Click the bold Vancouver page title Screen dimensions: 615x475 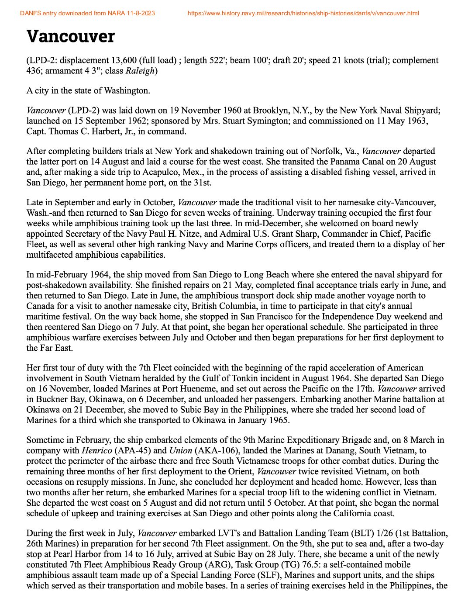pyautogui.click(x=70, y=36)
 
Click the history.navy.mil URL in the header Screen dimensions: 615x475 pyautogui.click(x=303, y=14)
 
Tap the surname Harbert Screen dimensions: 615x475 pyautogui.click(x=101, y=131)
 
